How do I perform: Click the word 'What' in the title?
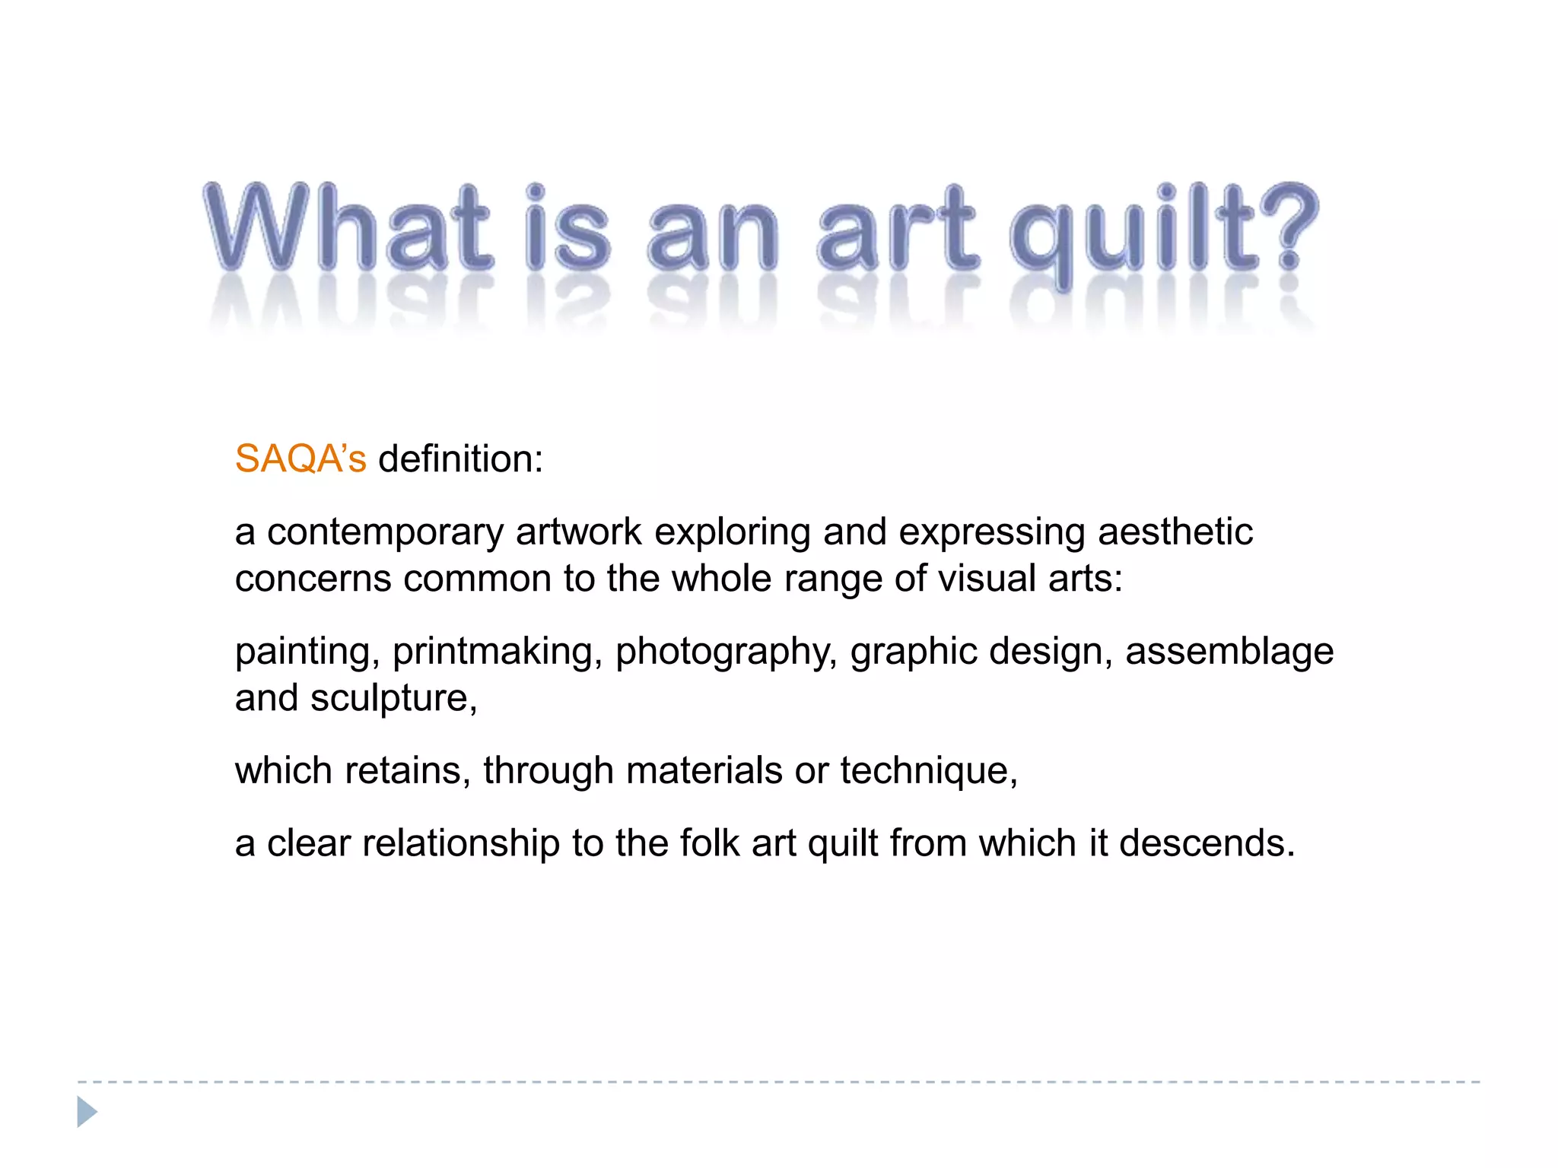tap(348, 228)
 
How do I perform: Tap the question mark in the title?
tap(1287, 227)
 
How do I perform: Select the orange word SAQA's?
tap(300, 459)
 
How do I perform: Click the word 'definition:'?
tap(461, 459)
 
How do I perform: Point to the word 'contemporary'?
tap(385, 532)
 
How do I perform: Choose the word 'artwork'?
tap(579, 532)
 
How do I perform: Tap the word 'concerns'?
tap(313, 579)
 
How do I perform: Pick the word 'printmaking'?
tap(492, 652)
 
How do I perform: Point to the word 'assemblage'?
tap(1229, 652)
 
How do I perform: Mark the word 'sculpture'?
tap(390, 699)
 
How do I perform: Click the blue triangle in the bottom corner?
tap(87, 1112)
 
